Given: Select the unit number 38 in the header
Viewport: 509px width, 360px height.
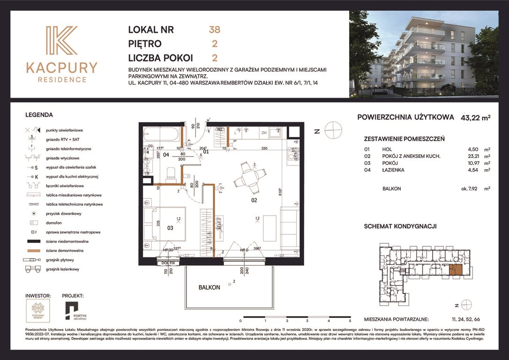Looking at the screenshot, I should pos(214,30).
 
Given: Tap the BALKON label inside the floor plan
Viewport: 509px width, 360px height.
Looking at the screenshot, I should pos(209,287).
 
